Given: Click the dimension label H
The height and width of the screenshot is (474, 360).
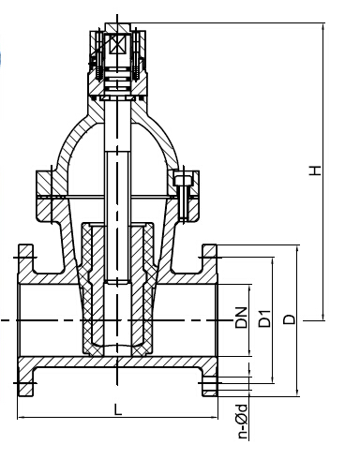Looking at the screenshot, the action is [315, 170].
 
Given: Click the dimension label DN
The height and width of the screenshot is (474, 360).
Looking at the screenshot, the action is [241, 318].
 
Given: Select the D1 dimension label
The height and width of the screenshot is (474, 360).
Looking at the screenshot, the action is [264, 318].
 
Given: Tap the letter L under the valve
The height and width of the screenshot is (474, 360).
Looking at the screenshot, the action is [117, 409].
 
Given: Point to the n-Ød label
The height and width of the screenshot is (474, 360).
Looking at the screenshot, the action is [243, 422].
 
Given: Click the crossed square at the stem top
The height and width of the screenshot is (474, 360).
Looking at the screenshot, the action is [117, 45].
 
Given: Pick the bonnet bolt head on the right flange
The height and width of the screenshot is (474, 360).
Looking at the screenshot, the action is [182, 181].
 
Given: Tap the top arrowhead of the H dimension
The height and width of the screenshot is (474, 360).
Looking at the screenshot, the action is [323, 26].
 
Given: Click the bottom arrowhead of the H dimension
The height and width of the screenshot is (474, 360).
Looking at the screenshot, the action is [323, 317].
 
